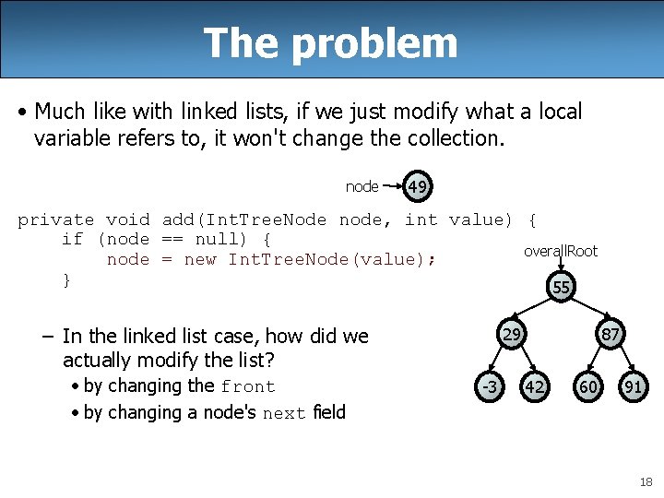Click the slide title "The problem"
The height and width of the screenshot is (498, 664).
pyautogui.click(x=330, y=42)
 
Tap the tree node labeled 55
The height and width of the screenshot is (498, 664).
pyautogui.click(x=562, y=288)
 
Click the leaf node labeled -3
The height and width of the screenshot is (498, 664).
pyautogui.click(x=489, y=387)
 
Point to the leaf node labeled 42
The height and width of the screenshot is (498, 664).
pyautogui.click(x=534, y=387)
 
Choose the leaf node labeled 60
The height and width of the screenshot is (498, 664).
pyautogui.click(x=587, y=387)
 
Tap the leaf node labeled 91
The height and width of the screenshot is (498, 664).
pyautogui.click(x=633, y=387)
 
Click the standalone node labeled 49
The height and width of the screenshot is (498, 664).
pyautogui.click(x=418, y=187)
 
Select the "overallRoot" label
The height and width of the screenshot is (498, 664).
pyautogui.click(x=561, y=251)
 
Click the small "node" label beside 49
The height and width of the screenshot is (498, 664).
pyautogui.click(x=362, y=187)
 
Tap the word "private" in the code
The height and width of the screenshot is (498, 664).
pyautogui.click(x=55, y=219)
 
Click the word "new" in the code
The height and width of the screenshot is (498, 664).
pyautogui.click(x=200, y=260)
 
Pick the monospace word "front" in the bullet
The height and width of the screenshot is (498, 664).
pyautogui.click(x=248, y=387)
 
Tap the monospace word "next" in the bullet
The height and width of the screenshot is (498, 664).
pyautogui.click(x=284, y=414)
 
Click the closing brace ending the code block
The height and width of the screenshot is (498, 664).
pyautogui.click(x=66, y=279)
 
